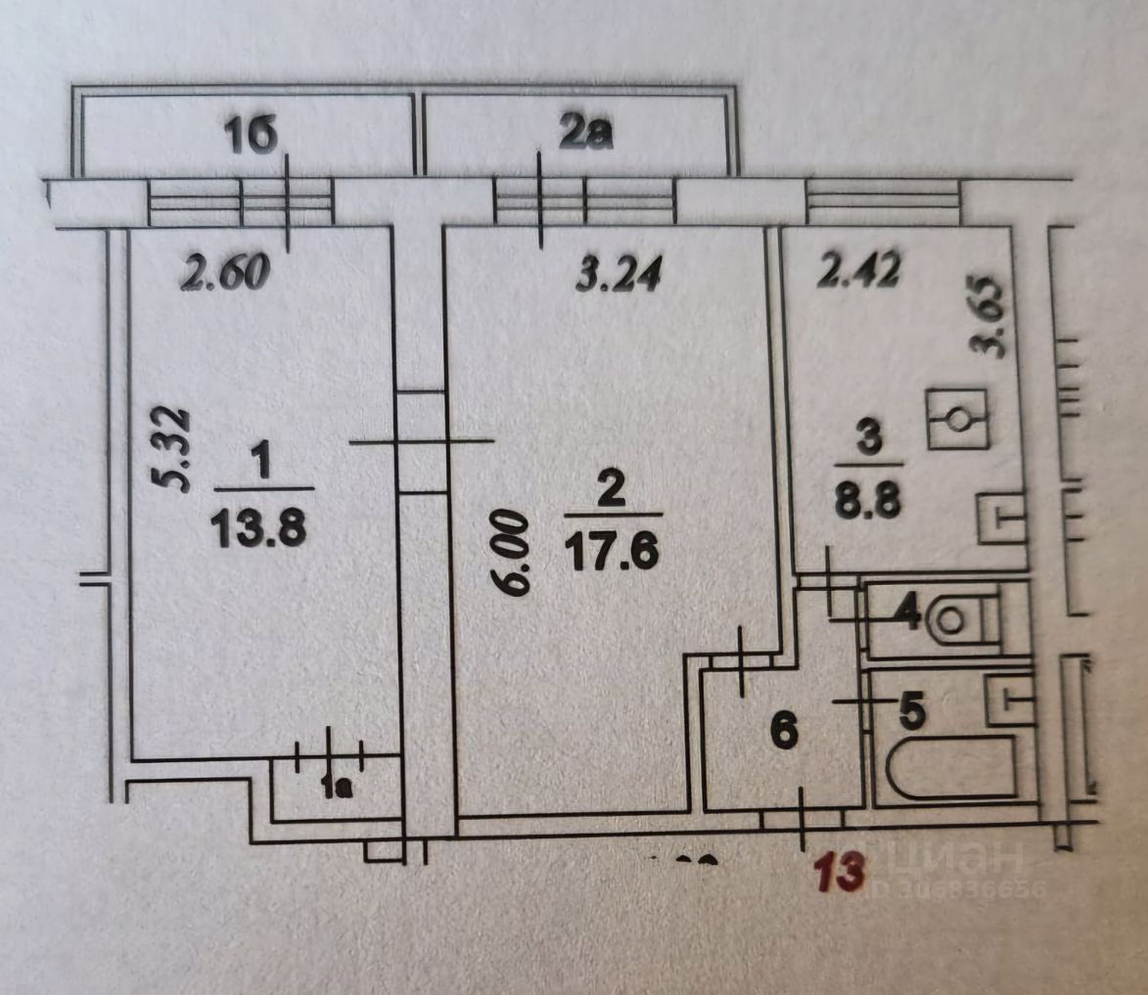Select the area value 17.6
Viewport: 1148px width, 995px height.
coord(612,555)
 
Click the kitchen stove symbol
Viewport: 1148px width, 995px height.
coord(957,420)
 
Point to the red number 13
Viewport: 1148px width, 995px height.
coord(843,871)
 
